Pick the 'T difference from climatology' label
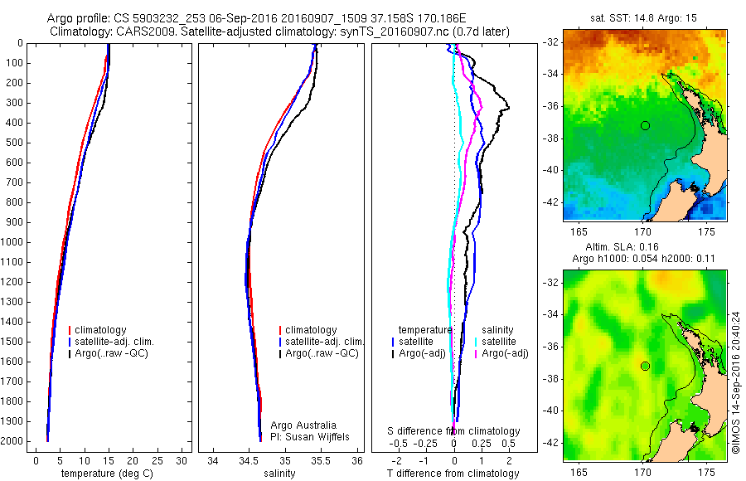[x=453, y=474]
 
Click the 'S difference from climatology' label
[x=453, y=431]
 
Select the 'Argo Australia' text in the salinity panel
[x=303, y=425]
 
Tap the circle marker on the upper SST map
[x=644, y=125]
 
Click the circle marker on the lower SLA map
[x=644, y=366]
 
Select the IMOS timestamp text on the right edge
[x=736, y=382]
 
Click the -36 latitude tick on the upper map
[x=550, y=106]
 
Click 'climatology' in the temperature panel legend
[x=100, y=330]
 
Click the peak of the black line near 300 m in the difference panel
[x=509, y=108]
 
